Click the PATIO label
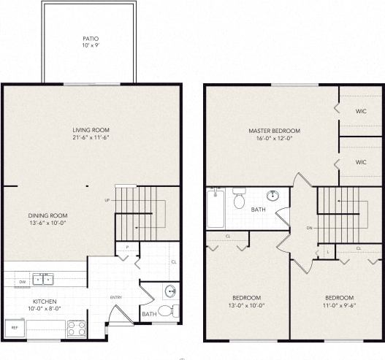[x=91, y=39]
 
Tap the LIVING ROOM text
[x=91, y=130]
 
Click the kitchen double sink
[x=42, y=279]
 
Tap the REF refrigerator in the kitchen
[x=14, y=328]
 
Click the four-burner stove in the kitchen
[x=77, y=329]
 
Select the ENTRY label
[x=116, y=297]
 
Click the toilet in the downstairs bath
[x=166, y=311]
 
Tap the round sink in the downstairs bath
[x=170, y=292]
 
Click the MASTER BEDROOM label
[x=274, y=131]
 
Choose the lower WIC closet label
[x=360, y=162]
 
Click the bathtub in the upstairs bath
[x=216, y=208]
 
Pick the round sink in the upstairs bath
[x=273, y=196]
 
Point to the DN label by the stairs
[x=310, y=228]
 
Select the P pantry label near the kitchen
[x=126, y=248]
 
